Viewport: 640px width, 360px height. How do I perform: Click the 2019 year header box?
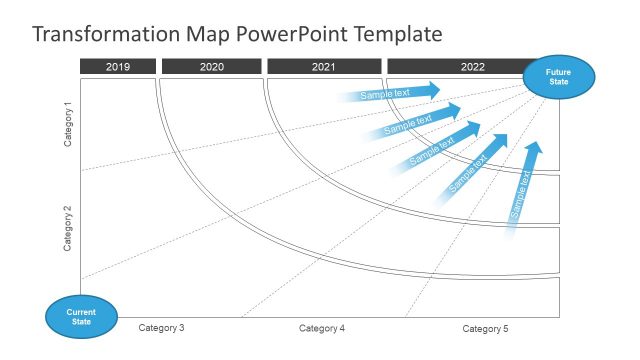(x=118, y=67)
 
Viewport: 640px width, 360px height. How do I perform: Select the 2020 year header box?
(x=211, y=67)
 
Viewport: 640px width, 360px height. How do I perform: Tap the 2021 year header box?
(x=323, y=67)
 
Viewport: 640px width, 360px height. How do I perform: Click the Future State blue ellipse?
(x=559, y=77)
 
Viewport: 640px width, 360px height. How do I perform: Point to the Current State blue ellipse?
(x=81, y=317)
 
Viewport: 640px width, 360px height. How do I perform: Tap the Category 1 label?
(x=68, y=124)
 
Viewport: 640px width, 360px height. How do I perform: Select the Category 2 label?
(x=68, y=228)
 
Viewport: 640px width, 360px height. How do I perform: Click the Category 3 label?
(x=161, y=328)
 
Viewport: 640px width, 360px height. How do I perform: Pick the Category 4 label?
(x=322, y=328)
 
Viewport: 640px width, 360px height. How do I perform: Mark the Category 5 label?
(x=485, y=328)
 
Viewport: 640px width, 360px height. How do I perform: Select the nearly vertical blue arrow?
(x=523, y=190)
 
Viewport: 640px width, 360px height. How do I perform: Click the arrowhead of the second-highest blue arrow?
(x=453, y=109)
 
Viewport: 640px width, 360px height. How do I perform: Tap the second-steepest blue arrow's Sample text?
(x=468, y=172)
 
